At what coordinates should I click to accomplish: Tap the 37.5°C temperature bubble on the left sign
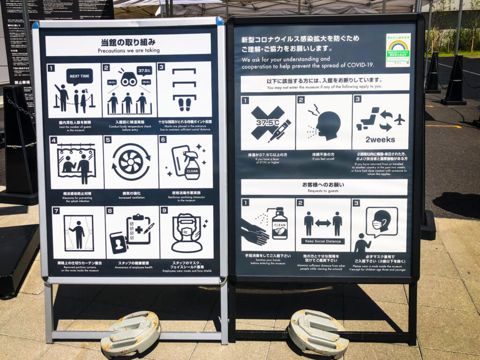coord(144,71)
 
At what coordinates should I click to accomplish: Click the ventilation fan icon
coord(131,162)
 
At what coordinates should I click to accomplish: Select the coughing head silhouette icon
coord(325,124)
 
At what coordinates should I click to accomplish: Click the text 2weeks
coord(380,140)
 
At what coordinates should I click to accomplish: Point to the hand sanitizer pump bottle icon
coord(279,223)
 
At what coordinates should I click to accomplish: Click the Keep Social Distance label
coord(322,241)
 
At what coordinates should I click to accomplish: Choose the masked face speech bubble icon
coord(381,221)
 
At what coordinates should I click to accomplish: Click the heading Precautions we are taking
coord(128,50)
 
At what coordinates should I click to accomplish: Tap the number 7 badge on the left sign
coord(56,211)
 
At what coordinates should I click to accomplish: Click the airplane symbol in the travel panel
coord(399,120)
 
